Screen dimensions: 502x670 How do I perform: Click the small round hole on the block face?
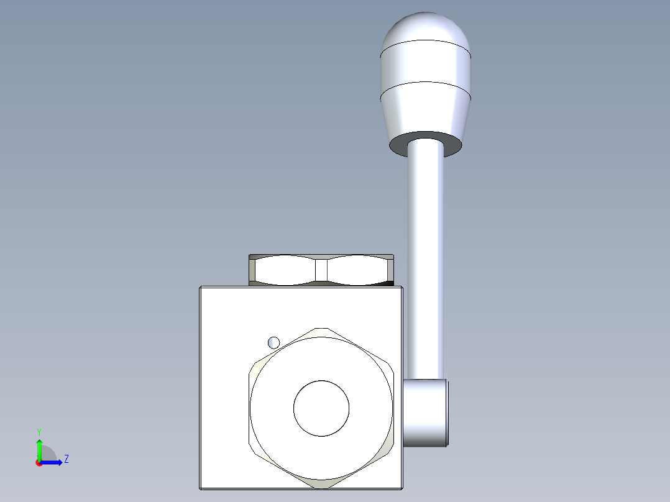tap(273, 342)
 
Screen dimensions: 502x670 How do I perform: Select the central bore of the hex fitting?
tap(321, 408)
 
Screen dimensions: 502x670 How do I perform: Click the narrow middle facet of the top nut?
tap(321, 270)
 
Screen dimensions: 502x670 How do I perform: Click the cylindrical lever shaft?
tap(426, 261)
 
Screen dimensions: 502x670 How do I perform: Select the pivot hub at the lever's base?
tap(426, 413)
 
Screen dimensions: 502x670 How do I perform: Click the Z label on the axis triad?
tap(66, 459)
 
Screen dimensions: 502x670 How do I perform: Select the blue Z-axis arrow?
tap(53, 462)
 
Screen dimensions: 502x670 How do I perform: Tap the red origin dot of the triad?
tap(39, 463)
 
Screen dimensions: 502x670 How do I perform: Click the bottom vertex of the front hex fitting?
tap(321, 488)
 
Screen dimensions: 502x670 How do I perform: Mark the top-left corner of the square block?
tap(201, 288)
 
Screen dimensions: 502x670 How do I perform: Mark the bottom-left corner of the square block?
tap(201, 488)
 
